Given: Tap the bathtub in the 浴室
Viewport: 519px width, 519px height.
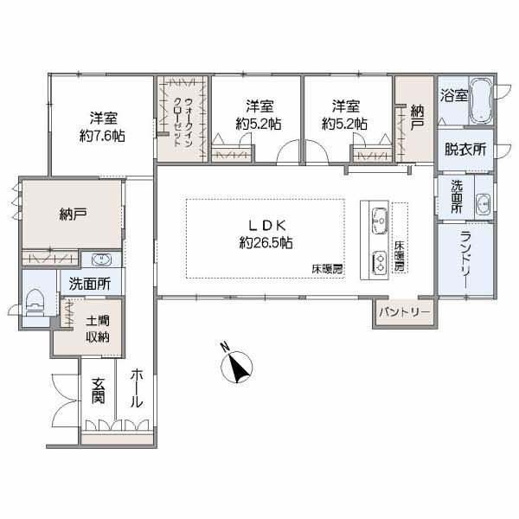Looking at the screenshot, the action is [x=482, y=100].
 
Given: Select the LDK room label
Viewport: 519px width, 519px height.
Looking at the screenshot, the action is [x=266, y=226].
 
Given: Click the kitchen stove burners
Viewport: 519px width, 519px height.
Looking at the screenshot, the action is [x=381, y=261].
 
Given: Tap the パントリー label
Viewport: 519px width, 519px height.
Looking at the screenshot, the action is [x=405, y=312].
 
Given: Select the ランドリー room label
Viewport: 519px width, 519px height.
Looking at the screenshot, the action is [x=468, y=259].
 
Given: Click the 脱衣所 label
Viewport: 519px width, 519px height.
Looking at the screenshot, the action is [x=465, y=150].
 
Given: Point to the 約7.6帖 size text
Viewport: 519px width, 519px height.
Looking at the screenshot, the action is [x=102, y=136].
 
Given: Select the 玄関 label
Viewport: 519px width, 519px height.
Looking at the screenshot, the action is [x=99, y=391].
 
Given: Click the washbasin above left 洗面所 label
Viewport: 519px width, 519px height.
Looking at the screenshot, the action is [x=101, y=259].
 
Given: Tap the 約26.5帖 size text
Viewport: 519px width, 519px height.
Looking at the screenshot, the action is [x=266, y=243].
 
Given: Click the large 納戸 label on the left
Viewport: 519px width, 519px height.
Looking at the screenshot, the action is [x=74, y=215].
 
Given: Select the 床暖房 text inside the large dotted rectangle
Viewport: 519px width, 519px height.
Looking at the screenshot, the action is [x=327, y=269].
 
